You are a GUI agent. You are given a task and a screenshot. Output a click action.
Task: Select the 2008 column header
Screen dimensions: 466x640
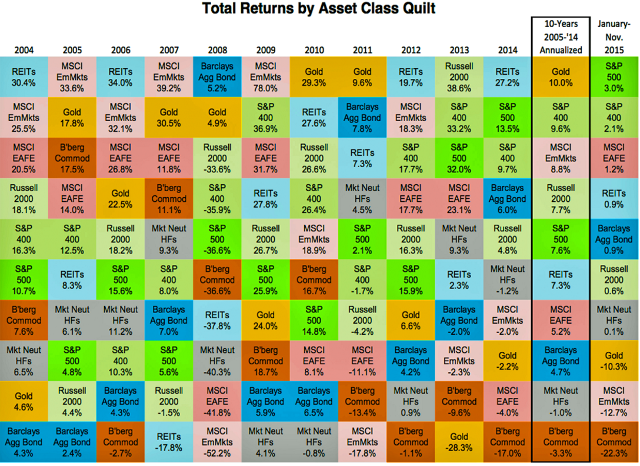(x=218, y=49)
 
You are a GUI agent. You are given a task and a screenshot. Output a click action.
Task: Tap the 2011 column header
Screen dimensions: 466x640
(x=362, y=49)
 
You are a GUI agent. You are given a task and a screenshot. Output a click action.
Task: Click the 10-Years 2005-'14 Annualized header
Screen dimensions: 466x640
(x=561, y=36)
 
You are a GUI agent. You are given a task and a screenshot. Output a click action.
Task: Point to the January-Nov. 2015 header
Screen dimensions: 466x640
(x=614, y=36)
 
